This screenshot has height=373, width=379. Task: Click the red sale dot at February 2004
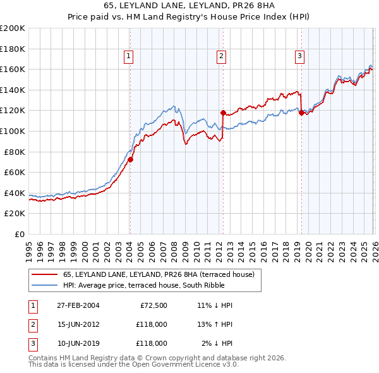130,160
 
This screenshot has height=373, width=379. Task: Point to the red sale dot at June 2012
223,113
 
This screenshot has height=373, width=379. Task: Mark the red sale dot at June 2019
301,113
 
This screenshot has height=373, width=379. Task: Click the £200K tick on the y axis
13,28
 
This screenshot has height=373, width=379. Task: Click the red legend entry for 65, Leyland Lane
158,274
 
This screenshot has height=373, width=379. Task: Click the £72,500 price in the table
151,305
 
